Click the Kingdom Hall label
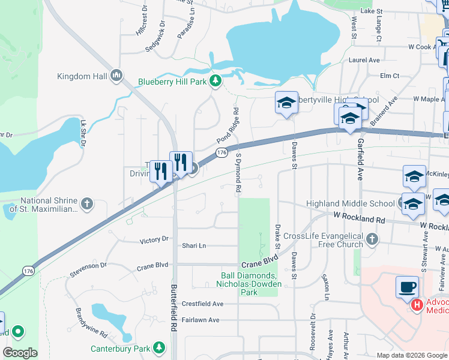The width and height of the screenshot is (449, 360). tap(82, 76)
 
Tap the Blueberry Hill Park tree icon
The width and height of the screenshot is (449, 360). tap(214, 81)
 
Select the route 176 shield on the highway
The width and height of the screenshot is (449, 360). tap(222, 154)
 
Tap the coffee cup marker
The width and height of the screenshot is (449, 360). tap(408, 286)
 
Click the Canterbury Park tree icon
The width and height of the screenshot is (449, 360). tap(159, 348)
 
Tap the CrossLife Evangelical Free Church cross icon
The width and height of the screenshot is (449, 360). tap(372, 240)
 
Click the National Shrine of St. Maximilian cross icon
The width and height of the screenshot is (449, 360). tap(87, 205)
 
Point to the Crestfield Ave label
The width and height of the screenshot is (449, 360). tap(202, 304)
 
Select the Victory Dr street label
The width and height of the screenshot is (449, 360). tap(154, 240)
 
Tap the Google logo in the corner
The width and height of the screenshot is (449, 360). tap(20, 353)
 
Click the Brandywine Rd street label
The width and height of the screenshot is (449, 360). tap(91, 322)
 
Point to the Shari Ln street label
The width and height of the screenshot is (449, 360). tap(194, 246)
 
